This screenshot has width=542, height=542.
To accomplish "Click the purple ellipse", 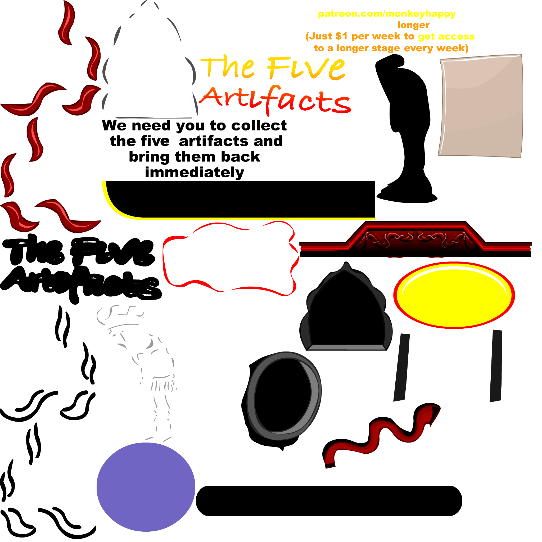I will click(x=146, y=486).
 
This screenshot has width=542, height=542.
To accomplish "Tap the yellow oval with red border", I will click(x=454, y=295).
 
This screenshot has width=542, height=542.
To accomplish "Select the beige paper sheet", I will click(x=481, y=106).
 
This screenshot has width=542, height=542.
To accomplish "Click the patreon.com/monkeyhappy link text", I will click(x=387, y=14).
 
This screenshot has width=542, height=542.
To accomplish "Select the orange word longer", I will click(x=413, y=25).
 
